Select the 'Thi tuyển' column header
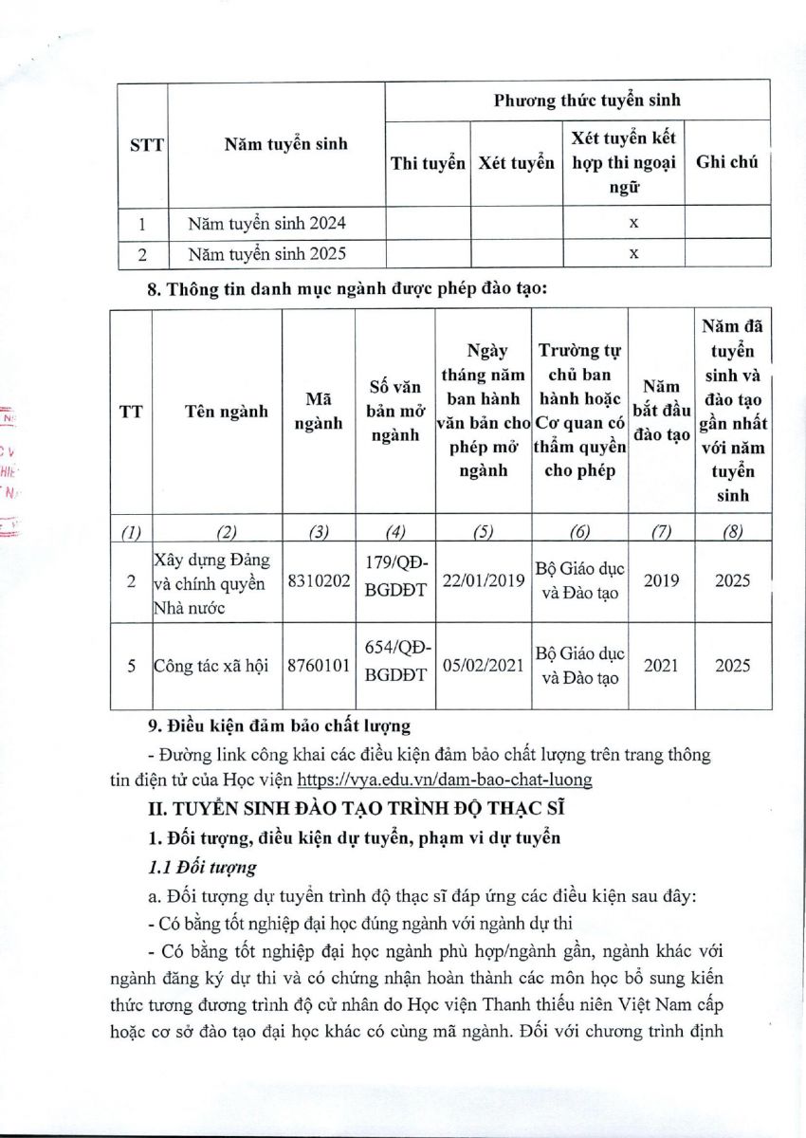[x=428, y=162]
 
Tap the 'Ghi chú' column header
[x=727, y=162]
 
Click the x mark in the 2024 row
[x=633, y=224]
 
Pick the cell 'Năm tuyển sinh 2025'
[x=267, y=253]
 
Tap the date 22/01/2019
[x=484, y=580]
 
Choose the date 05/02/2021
[x=484, y=666]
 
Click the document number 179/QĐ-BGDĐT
[x=397, y=580]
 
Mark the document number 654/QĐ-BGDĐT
[x=397, y=666]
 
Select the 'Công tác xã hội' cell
[x=214, y=666]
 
